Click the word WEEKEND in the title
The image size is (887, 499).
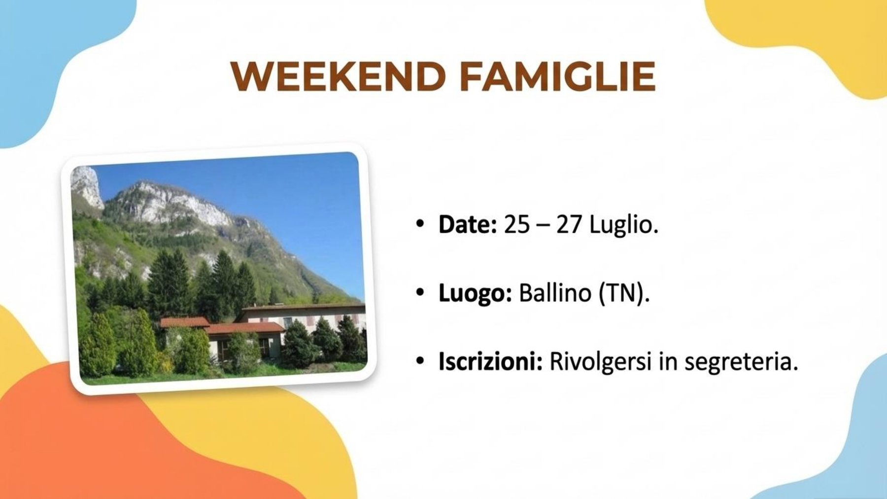pos(339,76)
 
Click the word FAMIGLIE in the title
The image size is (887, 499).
pos(557,76)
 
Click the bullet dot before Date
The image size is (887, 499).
pos(420,224)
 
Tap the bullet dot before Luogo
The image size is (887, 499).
pos(420,293)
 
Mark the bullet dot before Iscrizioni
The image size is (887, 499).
pos(420,361)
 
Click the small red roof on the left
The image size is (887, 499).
pos(184,322)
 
